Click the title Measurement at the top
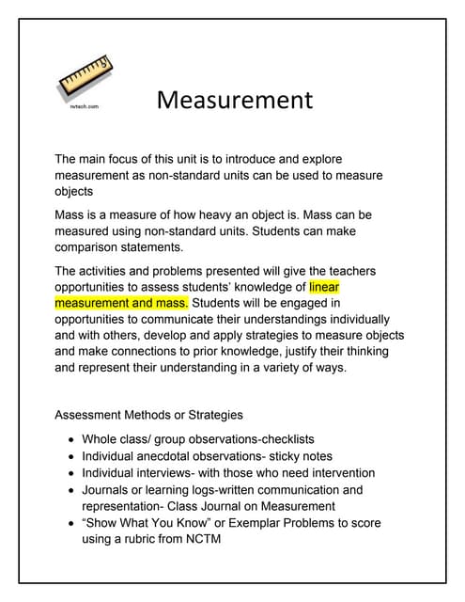coord(234,99)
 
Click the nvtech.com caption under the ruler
coord(84,107)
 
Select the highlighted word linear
coord(324,287)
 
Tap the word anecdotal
coord(176,456)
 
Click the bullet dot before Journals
coord(72,490)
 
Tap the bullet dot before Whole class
coord(72,439)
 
